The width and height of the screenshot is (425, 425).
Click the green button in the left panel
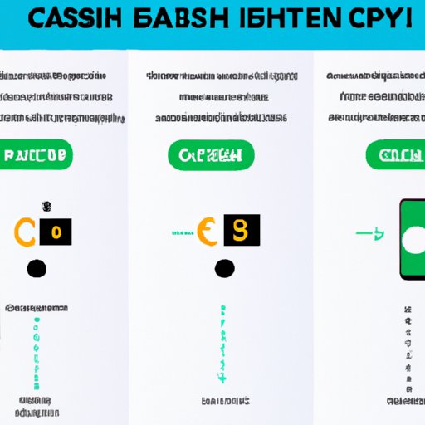tap(37, 154)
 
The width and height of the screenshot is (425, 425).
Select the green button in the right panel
tap(394, 154)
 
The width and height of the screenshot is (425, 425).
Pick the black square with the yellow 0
tap(56, 231)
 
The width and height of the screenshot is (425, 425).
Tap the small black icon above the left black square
tap(47, 206)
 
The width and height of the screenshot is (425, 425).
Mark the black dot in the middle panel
tap(224, 268)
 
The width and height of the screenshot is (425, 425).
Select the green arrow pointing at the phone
tap(370, 234)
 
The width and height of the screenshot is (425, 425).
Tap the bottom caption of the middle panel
tap(222, 401)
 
